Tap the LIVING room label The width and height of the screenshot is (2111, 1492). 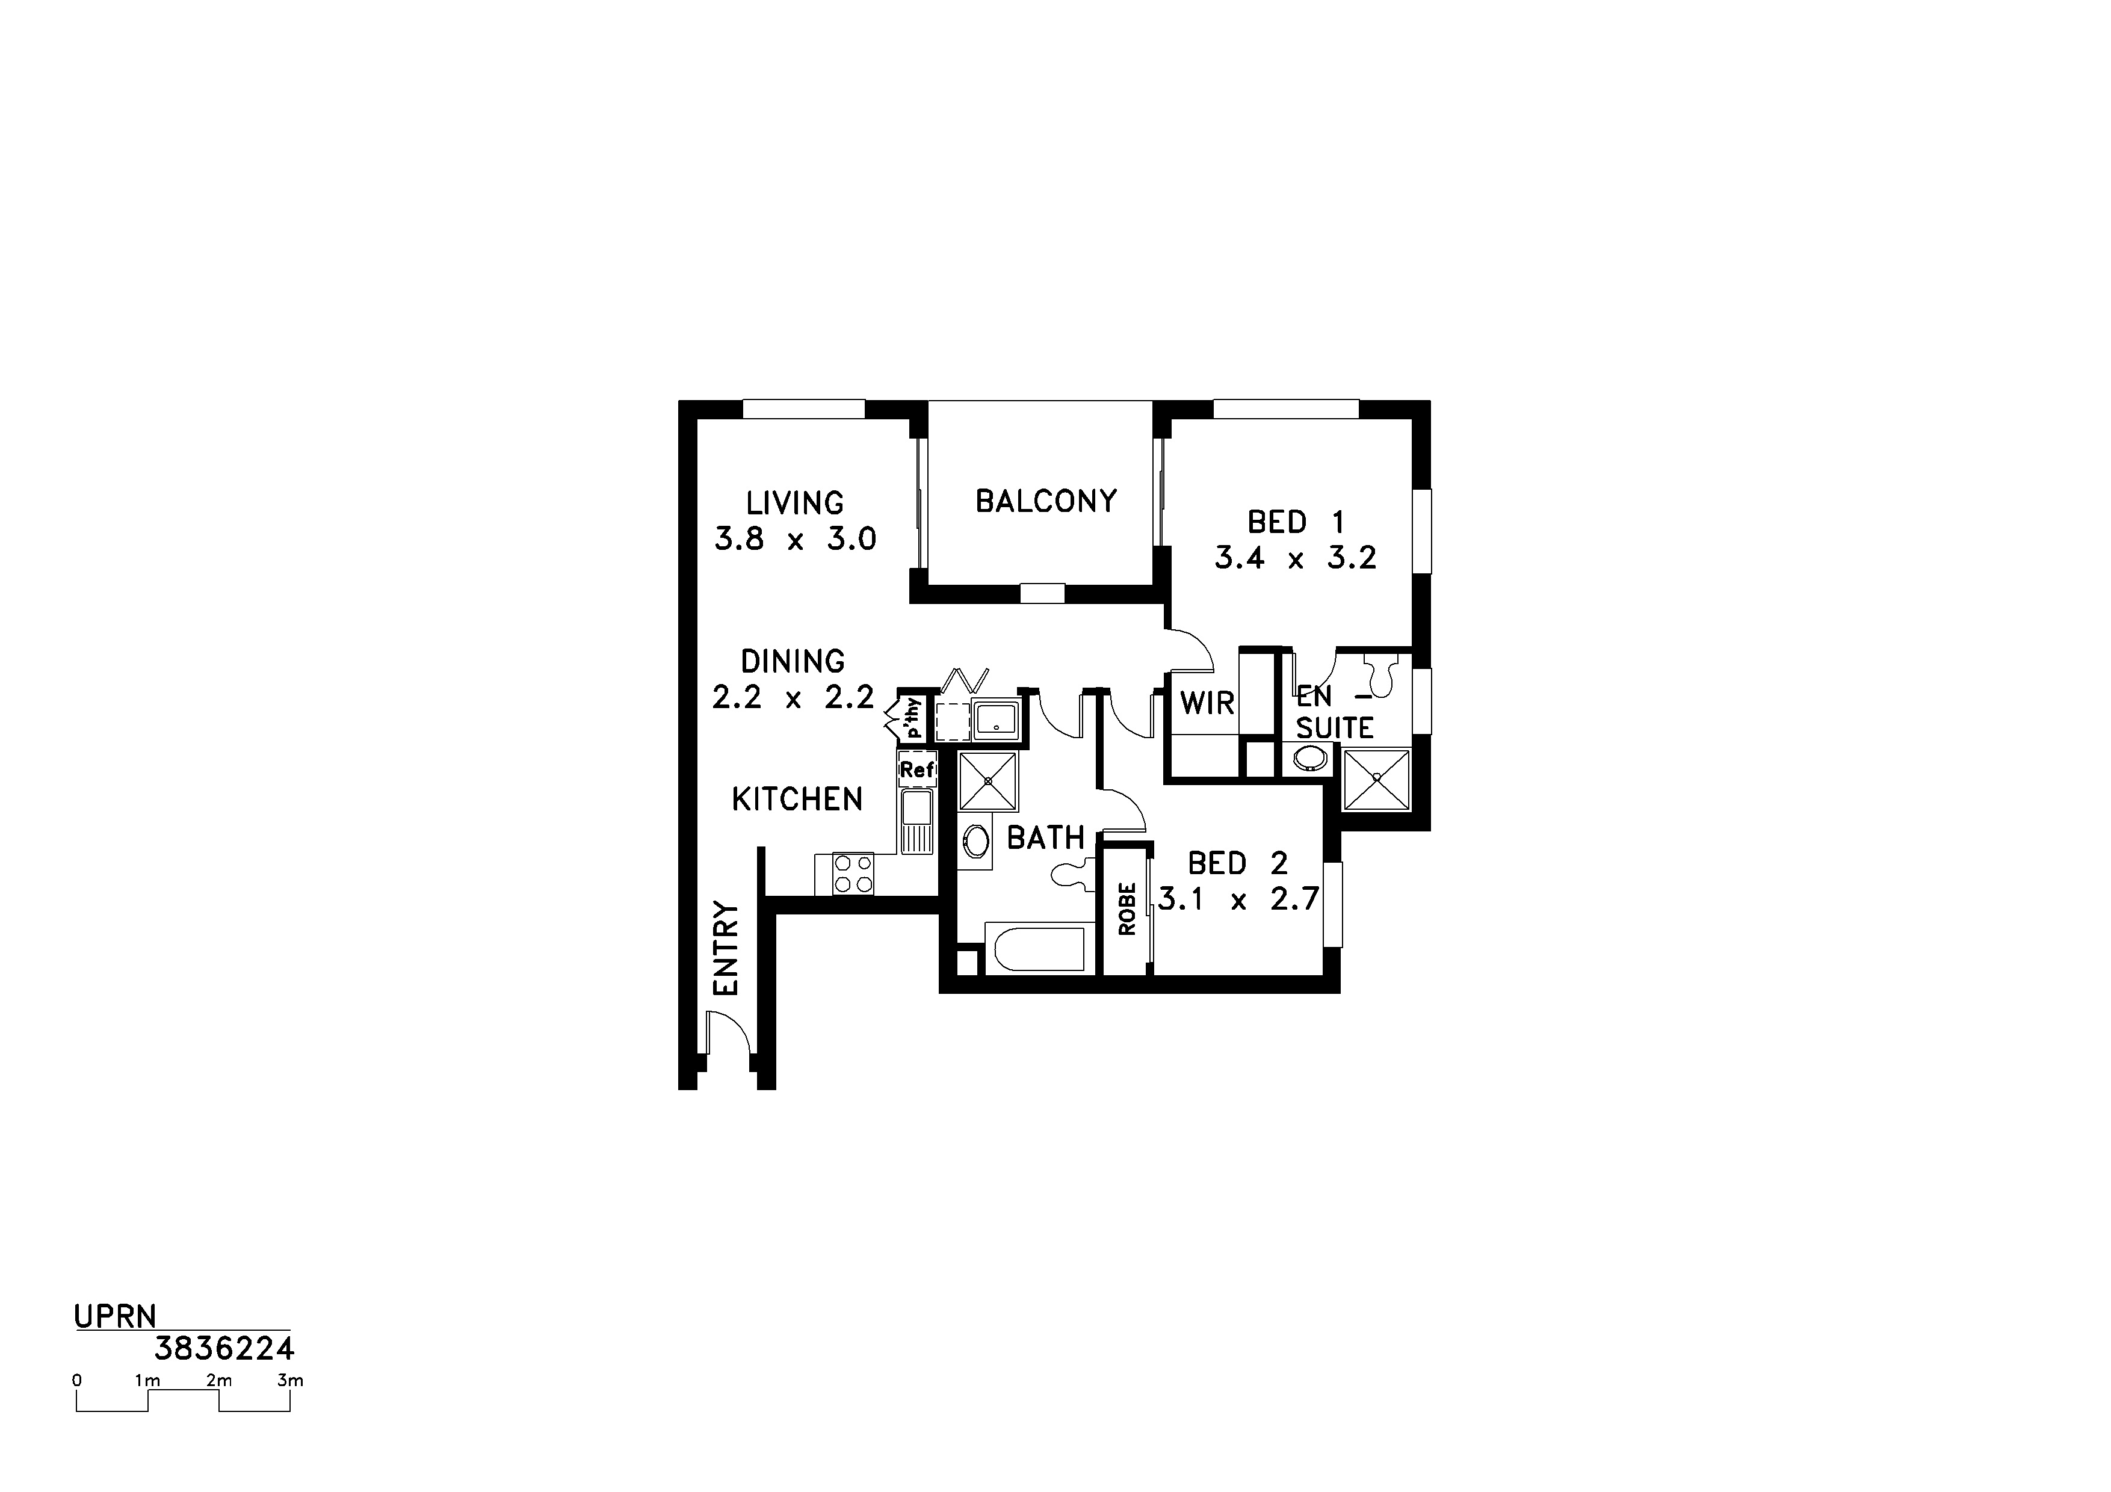(x=794, y=504)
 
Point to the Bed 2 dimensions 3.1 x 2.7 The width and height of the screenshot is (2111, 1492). (x=1238, y=899)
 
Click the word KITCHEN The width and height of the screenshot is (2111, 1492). (x=797, y=800)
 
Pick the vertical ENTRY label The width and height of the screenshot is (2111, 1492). (x=725, y=948)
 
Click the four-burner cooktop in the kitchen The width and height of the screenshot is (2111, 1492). (x=852, y=874)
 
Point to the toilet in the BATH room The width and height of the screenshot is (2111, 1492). (x=1074, y=875)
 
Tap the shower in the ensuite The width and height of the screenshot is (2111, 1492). (x=1376, y=778)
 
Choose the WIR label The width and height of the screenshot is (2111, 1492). (x=1207, y=703)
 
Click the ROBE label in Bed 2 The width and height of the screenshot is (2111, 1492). (x=1127, y=909)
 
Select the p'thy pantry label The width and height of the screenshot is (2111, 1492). (x=912, y=718)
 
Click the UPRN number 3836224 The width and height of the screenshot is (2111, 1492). (x=224, y=1349)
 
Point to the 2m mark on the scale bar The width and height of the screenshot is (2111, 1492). (x=219, y=1380)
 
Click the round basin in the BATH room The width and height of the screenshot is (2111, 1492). (x=975, y=841)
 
